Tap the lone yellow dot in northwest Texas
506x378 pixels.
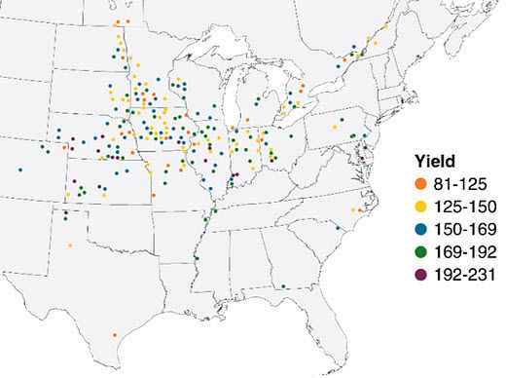[70, 246]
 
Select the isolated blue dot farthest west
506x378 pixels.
[19, 170]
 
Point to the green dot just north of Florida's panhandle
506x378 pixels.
[282, 286]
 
